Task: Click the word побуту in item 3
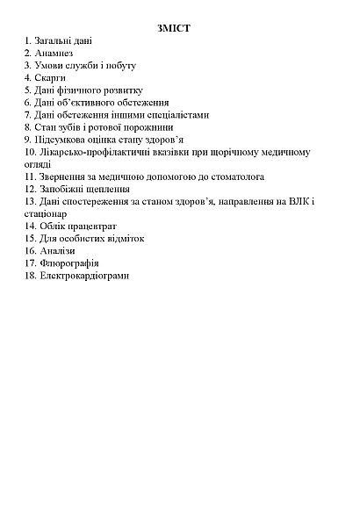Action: [x=119, y=65]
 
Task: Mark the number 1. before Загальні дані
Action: [x=29, y=40]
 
